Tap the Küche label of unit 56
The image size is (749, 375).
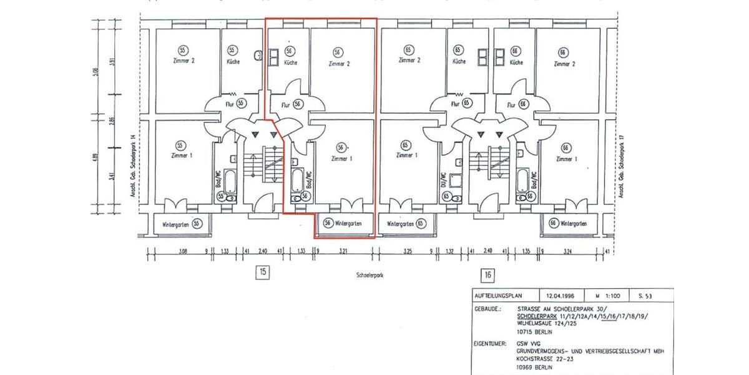[x=290, y=63]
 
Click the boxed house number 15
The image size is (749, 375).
[x=263, y=271]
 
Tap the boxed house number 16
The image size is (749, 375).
[x=487, y=274]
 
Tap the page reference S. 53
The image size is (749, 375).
[x=644, y=296]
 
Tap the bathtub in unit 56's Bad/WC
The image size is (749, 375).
[x=297, y=179]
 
